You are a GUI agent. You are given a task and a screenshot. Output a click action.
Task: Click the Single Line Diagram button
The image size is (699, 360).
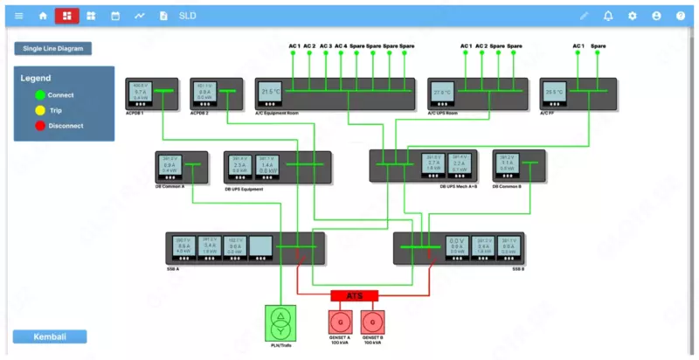click(52, 49)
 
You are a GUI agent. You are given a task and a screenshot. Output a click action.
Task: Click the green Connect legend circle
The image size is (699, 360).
click(40, 95)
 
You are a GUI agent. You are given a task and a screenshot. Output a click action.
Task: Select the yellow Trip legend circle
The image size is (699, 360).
click(40, 110)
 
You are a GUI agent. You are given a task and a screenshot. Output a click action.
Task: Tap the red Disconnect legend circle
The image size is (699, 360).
click(40, 126)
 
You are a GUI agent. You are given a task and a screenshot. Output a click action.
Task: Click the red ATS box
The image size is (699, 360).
click(354, 295)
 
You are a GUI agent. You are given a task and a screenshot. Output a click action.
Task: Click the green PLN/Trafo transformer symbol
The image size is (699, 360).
click(280, 322)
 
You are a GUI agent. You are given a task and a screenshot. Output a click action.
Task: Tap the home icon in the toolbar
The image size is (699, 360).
click(43, 16)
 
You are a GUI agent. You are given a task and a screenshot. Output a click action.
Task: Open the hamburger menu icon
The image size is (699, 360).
click(18, 16)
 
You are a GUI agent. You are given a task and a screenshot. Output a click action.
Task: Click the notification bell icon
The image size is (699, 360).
click(608, 16)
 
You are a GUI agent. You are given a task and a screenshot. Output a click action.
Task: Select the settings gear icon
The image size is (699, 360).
click(633, 16)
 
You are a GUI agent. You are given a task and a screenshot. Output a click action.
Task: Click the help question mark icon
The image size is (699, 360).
click(681, 16)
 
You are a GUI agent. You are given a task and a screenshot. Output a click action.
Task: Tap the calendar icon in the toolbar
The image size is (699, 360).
click(115, 16)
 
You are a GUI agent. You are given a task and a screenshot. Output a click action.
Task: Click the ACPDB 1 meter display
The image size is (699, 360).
click(140, 92)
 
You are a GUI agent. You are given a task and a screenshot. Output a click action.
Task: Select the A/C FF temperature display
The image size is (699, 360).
click(554, 92)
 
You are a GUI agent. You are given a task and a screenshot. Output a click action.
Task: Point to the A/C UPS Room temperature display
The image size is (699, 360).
click(442, 92)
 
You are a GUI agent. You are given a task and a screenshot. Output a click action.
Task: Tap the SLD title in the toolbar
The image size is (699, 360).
click(187, 16)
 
